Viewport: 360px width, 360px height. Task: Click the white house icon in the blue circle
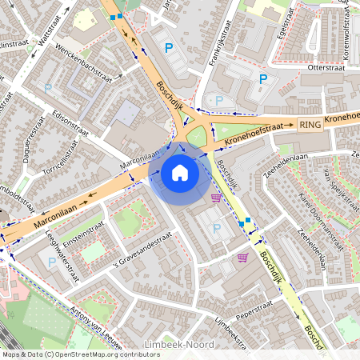tap(180, 173)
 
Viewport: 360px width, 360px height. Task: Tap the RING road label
tap(309, 125)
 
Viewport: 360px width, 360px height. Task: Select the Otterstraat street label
tap(326, 69)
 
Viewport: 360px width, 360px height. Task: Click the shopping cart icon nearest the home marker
tap(216, 198)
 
